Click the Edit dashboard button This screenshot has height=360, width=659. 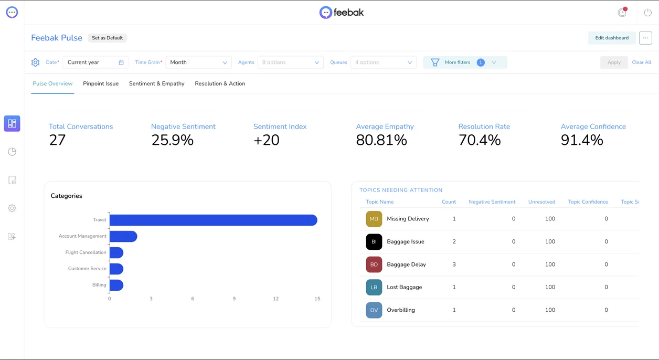coord(612,38)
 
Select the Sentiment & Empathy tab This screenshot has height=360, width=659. coord(157,83)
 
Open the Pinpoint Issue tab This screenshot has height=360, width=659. coord(101,83)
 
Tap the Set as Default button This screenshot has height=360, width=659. coord(108,38)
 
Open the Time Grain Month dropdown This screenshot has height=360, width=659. coord(198,62)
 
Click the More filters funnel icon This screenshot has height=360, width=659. coord(435,62)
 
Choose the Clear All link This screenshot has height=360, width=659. coord(641,62)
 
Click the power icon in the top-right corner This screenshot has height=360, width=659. coord(647,13)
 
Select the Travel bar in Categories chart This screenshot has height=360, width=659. coord(214,220)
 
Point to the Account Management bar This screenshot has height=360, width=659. coord(123,236)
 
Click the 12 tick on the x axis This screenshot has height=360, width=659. coord(275,299)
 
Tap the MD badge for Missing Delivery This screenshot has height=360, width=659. coord(374,219)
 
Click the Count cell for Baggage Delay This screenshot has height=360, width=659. coord(454,264)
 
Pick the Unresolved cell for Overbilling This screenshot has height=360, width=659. coord(550,310)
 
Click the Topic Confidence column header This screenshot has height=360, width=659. coord(588,202)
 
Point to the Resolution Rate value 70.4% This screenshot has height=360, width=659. coord(480,140)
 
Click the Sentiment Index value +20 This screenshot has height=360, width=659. coord(266,140)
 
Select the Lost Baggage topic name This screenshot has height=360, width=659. coord(404,287)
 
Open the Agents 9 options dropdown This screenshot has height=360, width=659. coord(290,62)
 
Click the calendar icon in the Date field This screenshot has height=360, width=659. coord(121,62)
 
